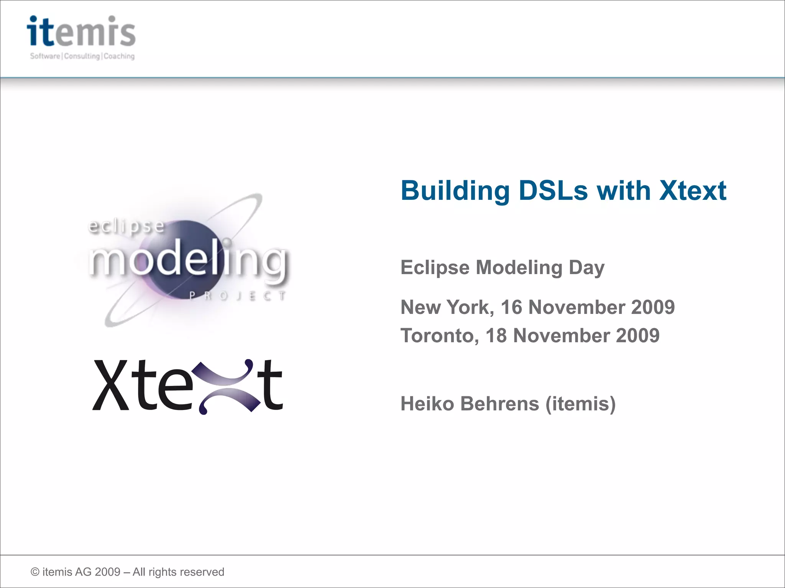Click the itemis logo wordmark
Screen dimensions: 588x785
[x=81, y=31]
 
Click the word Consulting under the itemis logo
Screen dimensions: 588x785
[x=82, y=56]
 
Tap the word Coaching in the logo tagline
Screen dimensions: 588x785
[x=119, y=56]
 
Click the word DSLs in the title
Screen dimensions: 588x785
[x=553, y=190]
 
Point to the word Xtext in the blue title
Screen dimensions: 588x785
[x=692, y=190]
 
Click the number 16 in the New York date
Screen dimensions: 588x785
[x=511, y=307]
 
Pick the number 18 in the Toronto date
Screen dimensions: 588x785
[x=496, y=335]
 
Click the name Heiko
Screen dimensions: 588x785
[x=427, y=403]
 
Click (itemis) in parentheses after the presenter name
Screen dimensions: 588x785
[x=580, y=403]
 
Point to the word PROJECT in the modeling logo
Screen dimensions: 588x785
[x=238, y=296]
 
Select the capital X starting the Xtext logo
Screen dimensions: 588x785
[x=111, y=385]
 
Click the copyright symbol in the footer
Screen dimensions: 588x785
[x=35, y=572]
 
